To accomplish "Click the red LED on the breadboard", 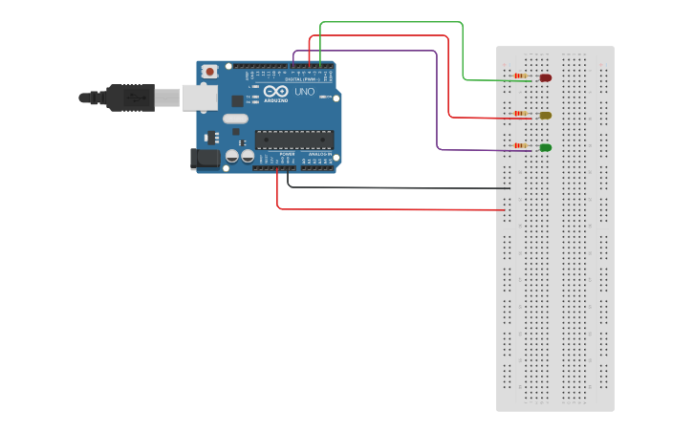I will tap(546, 77).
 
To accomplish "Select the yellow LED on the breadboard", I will tap(546, 116).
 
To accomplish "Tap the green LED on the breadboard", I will tap(546, 147).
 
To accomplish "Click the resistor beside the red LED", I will tap(521, 76).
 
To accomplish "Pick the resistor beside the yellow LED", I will tap(521, 114).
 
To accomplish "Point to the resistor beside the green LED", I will tap(521, 145).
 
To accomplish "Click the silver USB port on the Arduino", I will tap(199, 97).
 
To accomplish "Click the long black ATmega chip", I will tap(294, 140).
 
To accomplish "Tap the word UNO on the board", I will tap(304, 92).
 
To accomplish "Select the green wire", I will tap(463, 48).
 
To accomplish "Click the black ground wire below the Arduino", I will tap(401, 187).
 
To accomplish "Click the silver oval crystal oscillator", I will tap(235, 119).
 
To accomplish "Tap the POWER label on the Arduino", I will tap(287, 154).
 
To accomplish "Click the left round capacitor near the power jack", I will tap(232, 156).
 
